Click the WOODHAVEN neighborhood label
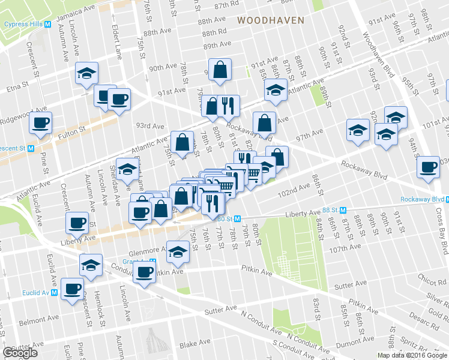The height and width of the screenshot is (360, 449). point(270,20)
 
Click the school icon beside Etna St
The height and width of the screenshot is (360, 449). point(87,74)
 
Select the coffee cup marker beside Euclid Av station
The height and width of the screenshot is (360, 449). point(73,289)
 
